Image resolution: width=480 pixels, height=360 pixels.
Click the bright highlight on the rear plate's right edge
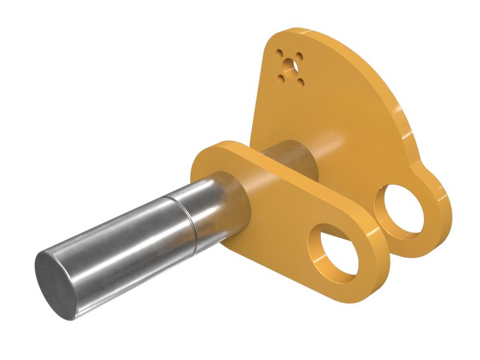[397, 111]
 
